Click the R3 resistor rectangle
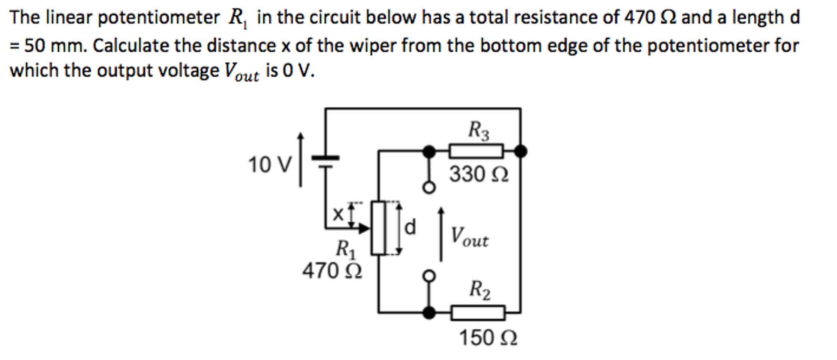point(476,151)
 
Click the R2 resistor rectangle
point(478,313)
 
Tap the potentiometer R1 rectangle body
point(378,228)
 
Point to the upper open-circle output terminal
point(429,188)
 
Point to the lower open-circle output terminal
point(429,276)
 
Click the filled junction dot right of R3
point(520,151)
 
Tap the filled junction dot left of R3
point(429,151)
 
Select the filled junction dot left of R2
point(429,313)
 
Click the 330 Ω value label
point(479,174)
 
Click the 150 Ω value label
point(488,338)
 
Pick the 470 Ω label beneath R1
point(332,271)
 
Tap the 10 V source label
point(270,165)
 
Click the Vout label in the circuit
point(469,238)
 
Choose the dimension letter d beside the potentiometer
point(410,227)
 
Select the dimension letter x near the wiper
point(338,214)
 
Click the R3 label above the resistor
point(478,131)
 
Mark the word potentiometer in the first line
point(158,18)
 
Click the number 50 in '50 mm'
point(34,45)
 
